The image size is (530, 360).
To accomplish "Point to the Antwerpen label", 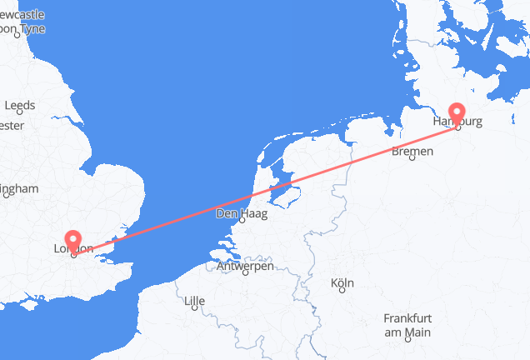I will pyautogui.click(x=245, y=266).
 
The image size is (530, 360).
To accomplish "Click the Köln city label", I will pyautogui.click(x=342, y=283).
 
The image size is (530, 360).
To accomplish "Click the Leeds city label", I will pyautogui.click(x=19, y=106).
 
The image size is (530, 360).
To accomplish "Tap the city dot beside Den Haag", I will pyautogui.click(x=242, y=222).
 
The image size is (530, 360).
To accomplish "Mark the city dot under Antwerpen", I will pyautogui.click(x=246, y=274).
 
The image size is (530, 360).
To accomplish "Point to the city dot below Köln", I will pyautogui.click(x=342, y=292).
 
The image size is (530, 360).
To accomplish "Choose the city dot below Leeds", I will pyautogui.click(x=19, y=115).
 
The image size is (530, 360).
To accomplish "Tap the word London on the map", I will pyautogui.click(x=72, y=249).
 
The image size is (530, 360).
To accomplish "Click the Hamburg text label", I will pyautogui.click(x=457, y=122).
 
